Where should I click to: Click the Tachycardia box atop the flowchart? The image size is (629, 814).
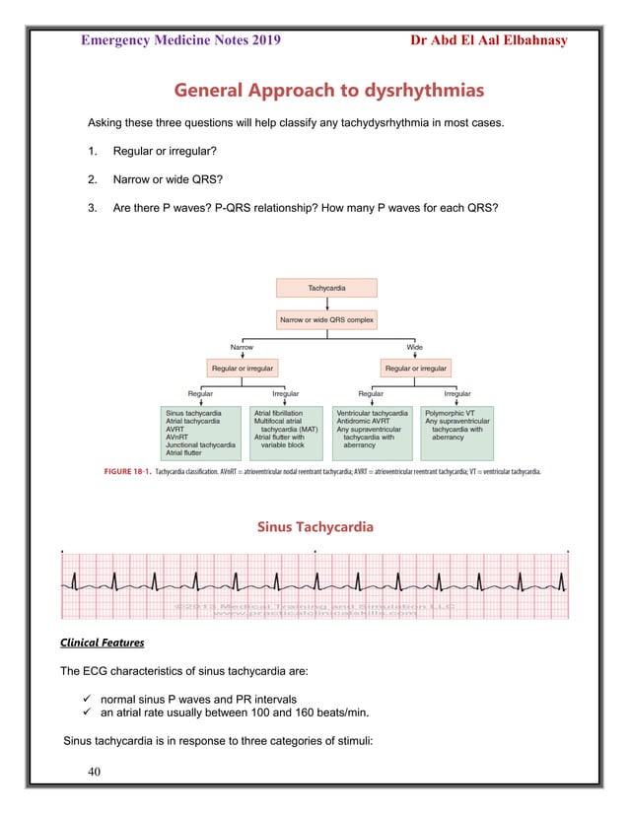(x=326, y=288)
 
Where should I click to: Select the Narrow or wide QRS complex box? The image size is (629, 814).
(x=326, y=319)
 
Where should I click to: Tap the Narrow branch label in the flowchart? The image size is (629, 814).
(x=242, y=348)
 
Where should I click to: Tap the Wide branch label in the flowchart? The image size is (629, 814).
(x=415, y=348)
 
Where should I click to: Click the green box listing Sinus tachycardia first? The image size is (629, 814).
(x=200, y=433)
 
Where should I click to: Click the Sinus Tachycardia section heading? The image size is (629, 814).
(x=314, y=527)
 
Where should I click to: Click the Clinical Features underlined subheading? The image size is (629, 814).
(x=103, y=643)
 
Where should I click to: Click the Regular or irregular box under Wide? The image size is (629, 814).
(x=415, y=369)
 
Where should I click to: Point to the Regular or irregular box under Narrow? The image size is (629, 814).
(x=242, y=369)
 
